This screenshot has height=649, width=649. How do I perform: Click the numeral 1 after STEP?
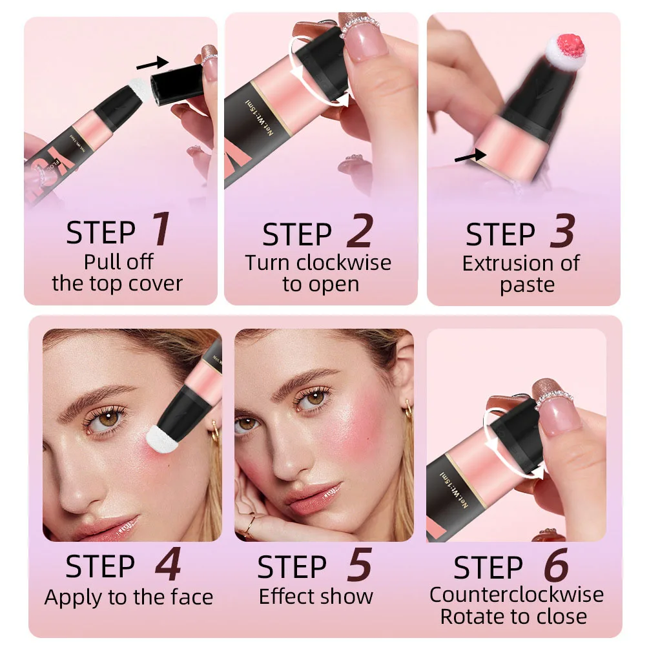(161, 231)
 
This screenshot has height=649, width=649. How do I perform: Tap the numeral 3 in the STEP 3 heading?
(562, 233)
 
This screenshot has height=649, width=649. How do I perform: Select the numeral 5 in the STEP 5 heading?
(360, 566)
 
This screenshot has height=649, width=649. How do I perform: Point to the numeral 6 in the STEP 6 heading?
(555, 566)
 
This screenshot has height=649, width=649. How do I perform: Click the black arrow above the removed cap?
(153, 63)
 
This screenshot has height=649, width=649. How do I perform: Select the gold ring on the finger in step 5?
(247, 524)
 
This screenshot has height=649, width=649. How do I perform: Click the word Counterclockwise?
(517, 594)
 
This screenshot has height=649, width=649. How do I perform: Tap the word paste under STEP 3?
(527, 285)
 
